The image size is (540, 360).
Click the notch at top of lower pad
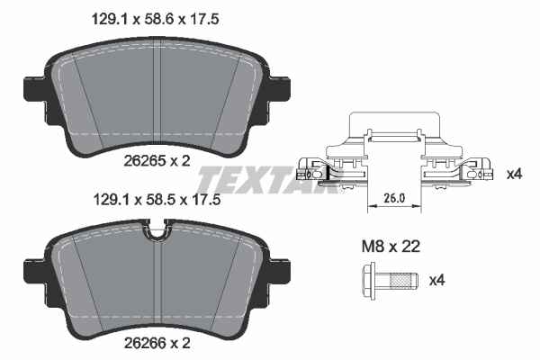(158, 237)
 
